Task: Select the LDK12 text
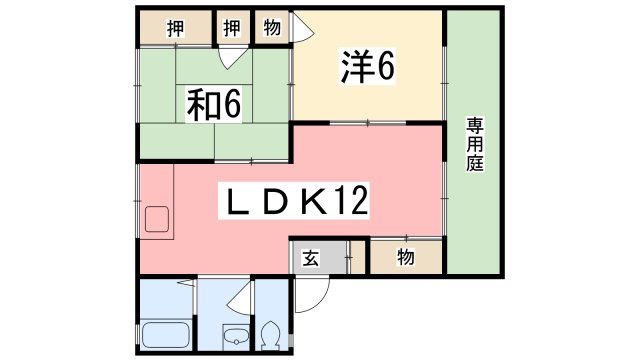[x=295, y=204]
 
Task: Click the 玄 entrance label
[x=311, y=259]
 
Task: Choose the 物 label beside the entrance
[x=405, y=258]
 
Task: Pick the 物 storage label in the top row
[x=270, y=27]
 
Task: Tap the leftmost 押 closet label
[x=174, y=27]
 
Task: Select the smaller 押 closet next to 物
[x=232, y=27]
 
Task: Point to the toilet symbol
[x=270, y=333]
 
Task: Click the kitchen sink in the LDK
[x=158, y=219]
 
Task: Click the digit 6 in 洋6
[x=386, y=67]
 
